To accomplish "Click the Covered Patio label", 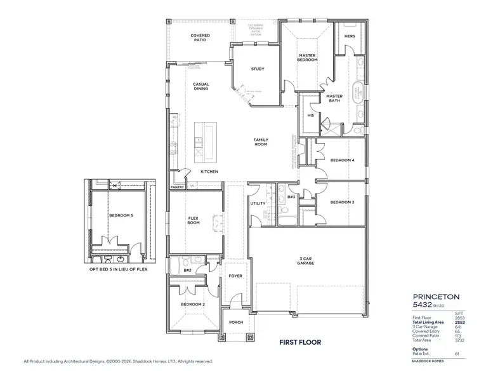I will tap(200, 38).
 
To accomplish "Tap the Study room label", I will tap(257, 69).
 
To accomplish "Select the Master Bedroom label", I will tap(308, 58).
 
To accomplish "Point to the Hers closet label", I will tap(349, 36).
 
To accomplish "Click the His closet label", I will tap(310, 116).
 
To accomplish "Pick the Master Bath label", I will tap(334, 98).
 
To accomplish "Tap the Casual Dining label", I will tap(200, 86).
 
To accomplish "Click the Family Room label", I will tap(260, 142).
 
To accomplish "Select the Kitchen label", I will tap(209, 172).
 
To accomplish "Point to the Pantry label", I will tap(177, 188).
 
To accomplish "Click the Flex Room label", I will tap(194, 220).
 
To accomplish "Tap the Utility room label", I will tap(258, 204).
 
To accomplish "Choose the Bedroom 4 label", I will tap(342, 160).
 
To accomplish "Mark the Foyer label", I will tap(235, 276).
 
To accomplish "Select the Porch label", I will tap(235, 322).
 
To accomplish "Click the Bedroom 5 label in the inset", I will tap(121, 216).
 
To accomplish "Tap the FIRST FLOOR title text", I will tap(300, 342).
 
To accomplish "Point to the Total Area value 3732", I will tap(459, 340).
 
